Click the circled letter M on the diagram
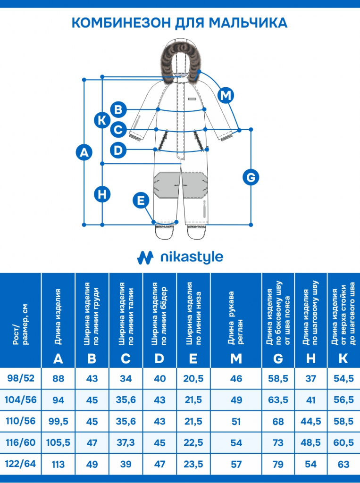tap(226, 95)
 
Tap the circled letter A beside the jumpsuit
tap(84, 152)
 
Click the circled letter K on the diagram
tap(102, 119)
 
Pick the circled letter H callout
tap(102, 193)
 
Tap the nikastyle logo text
tap(191, 257)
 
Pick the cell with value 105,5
tap(59, 443)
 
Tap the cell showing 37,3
tap(126, 443)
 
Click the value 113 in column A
tap(59, 464)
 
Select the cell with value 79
tap(278, 464)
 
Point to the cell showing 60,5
tap(343, 443)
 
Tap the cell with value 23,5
tap(193, 464)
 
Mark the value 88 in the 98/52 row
tap(59, 378)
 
